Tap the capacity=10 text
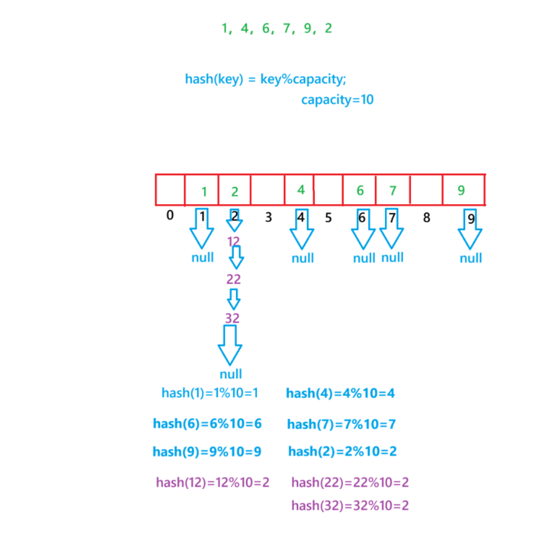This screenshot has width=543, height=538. pos(337,100)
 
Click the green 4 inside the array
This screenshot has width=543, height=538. pos(301,190)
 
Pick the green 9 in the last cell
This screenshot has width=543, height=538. pos(461,191)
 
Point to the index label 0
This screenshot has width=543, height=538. pos(170,215)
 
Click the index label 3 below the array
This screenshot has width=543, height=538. pos(268,217)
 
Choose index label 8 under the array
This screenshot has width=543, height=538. pos(426,217)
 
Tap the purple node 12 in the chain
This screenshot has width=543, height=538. pos(234,241)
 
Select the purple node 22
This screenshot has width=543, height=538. pos(234,279)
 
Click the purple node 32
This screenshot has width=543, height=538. pos(232,318)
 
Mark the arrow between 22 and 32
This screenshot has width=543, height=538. pos(234,299)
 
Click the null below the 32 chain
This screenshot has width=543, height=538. pos(231,374)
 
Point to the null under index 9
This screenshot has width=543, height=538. pos(471,258)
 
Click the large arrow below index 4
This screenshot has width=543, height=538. pos(302,231)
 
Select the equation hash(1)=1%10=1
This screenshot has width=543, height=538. pos(210,393)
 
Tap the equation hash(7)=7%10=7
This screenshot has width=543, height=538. pos(341,424)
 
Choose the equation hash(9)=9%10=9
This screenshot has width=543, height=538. pos(207,452)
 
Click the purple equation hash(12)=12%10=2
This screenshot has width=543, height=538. pos(212,483)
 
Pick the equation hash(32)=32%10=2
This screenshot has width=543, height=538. pos(350,506)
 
